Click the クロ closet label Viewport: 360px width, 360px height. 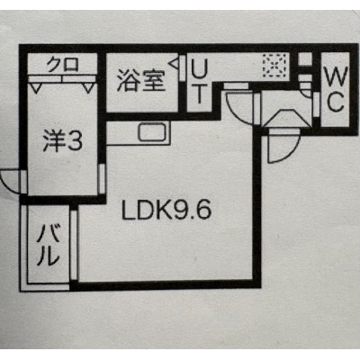(63, 64)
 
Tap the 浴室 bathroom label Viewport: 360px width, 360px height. (141, 80)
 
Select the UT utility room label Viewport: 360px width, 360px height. (199, 81)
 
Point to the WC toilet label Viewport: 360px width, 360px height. (336, 89)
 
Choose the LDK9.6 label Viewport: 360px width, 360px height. (166, 210)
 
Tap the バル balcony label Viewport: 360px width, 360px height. (48, 246)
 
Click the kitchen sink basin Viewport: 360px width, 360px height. (154, 132)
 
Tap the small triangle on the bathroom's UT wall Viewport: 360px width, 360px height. (174, 64)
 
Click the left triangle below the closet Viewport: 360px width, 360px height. (37, 88)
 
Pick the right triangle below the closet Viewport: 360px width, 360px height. (88, 88)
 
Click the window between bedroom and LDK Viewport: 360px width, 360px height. (102, 179)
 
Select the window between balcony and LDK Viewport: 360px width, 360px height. (74, 246)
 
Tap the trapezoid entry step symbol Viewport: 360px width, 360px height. (285, 119)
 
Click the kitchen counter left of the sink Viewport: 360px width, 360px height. (121, 133)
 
